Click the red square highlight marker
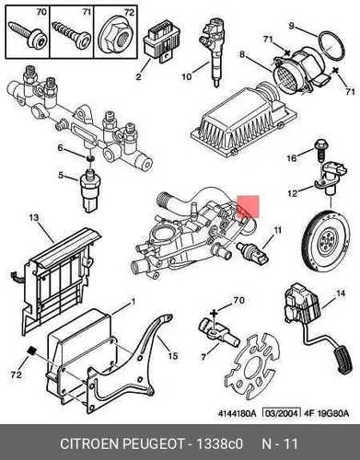tap(248, 207)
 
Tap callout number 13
tap(34, 218)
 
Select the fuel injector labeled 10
tap(210, 52)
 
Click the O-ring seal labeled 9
tap(330, 45)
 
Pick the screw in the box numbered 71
tap(72, 35)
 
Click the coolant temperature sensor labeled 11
tap(253, 253)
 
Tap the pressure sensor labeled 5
tap(90, 190)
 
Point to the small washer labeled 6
tap(90, 158)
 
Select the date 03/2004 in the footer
tap(281, 413)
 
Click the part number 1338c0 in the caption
tap(219, 443)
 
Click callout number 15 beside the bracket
tap(172, 356)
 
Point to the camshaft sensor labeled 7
tap(218, 333)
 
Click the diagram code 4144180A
tap(237, 413)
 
